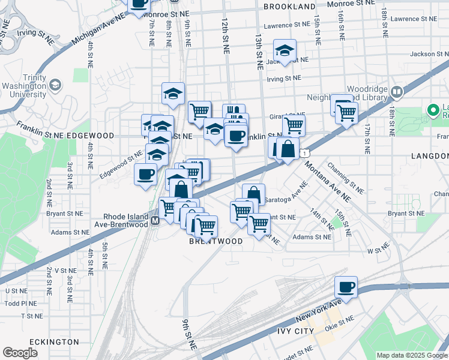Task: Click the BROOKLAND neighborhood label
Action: click(289, 6)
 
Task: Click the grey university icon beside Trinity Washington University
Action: click(55, 85)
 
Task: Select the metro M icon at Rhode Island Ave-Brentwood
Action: click(155, 221)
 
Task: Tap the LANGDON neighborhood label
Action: click(430, 155)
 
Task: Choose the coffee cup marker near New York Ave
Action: click(346, 287)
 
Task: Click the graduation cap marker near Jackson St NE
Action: click(285, 50)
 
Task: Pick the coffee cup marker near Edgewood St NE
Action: click(145, 175)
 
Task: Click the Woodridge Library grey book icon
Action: click(396, 92)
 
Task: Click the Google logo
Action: click(20, 353)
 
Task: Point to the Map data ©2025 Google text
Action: click(411, 355)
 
